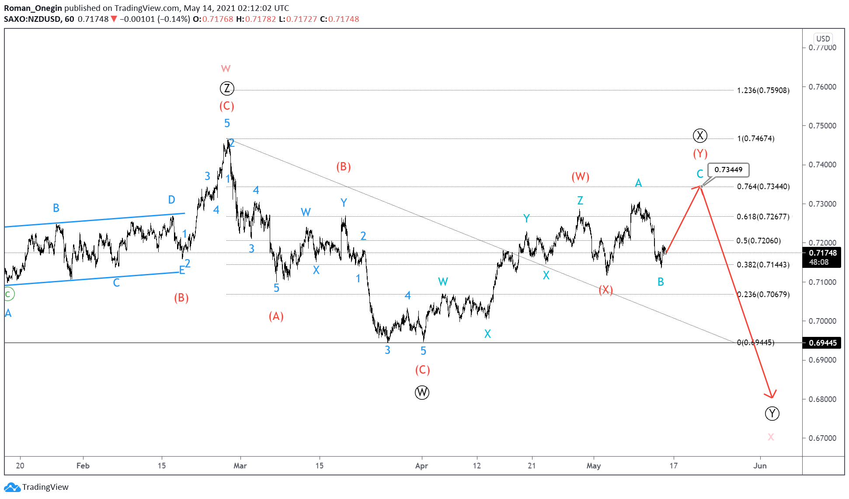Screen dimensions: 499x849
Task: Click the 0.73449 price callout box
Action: coord(728,170)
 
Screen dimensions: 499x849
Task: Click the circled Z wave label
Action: coord(226,89)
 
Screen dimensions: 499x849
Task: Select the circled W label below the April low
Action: coord(422,392)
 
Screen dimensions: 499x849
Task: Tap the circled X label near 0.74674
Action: coord(700,135)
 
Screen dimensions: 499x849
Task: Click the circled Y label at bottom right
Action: coord(772,413)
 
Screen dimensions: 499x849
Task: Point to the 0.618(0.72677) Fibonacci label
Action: coord(763,217)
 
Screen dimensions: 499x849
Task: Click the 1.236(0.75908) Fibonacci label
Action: coord(763,90)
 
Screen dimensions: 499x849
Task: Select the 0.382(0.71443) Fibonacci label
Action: coord(763,265)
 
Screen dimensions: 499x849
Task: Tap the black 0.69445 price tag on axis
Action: coord(822,343)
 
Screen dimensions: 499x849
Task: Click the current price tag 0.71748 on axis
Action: coord(822,253)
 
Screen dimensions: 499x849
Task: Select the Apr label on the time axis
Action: coord(421,466)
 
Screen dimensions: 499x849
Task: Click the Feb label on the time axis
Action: coord(83,466)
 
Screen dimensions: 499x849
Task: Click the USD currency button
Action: coord(823,38)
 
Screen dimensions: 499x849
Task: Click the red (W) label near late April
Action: coord(580,177)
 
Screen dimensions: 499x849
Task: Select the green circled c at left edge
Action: coord(8,295)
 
